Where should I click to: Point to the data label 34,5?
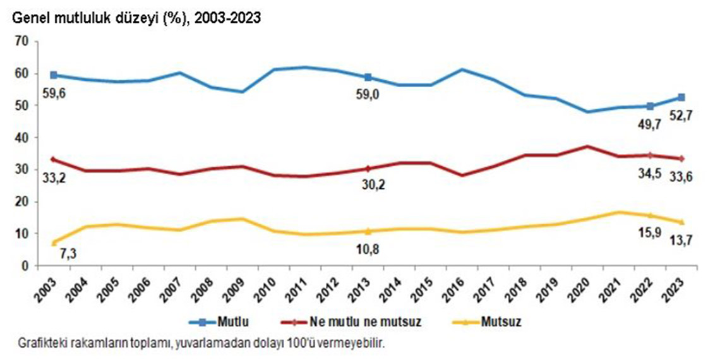point(651,174)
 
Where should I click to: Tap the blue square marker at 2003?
point(54,75)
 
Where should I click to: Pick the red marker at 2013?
point(368,169)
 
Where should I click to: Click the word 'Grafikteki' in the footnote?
point(38,344)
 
